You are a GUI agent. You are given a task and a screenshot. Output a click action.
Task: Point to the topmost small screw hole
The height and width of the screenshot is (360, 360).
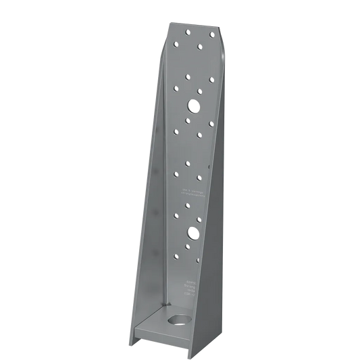tap(192, 31)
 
